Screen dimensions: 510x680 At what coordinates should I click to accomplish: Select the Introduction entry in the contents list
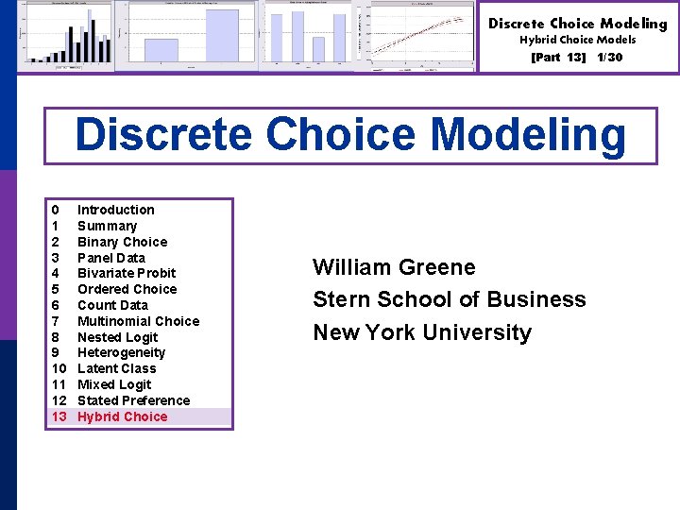[115, 210]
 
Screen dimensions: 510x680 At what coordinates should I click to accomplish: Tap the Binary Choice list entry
[122, 242]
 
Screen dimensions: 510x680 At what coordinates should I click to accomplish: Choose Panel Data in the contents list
[110, 258]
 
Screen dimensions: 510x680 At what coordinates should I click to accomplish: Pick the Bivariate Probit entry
[127, 273]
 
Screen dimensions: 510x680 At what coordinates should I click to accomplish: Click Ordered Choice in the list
[127, 289]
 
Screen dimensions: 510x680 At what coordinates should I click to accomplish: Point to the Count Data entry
[112, 305]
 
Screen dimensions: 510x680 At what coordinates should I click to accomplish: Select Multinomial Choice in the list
[138, 321]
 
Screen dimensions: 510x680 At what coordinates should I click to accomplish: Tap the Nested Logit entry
[117, 337]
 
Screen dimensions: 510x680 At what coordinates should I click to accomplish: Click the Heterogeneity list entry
[121, 352]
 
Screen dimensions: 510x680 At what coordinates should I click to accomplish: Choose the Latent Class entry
[116, 368]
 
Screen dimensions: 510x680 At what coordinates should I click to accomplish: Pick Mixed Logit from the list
[113, 384]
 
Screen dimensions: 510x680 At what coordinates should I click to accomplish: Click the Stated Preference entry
[133, 400]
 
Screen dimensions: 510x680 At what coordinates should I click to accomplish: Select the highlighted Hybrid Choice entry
[122, 416]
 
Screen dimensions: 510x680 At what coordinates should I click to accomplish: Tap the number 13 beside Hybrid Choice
[59, 416]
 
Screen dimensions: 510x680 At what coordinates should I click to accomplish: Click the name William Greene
[394, 267]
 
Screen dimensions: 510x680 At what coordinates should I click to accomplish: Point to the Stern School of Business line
[449, 299]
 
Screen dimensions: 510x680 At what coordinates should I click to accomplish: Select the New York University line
[421, 332]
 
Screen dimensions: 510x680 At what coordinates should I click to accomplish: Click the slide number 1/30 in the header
[609, 58]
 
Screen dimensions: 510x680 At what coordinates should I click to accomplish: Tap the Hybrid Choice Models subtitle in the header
[577, 40]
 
